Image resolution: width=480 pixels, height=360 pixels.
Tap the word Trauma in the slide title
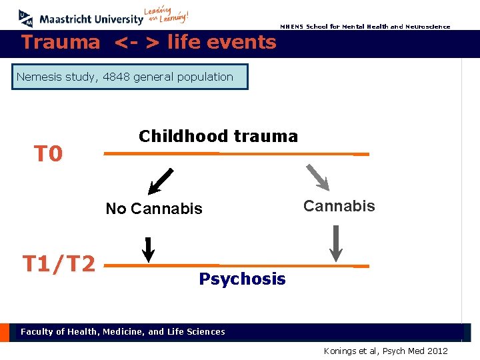tap(61, 43)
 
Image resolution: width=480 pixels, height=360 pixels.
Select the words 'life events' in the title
tap(221, 43)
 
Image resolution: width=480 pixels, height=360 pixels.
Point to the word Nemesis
tap(39, 77)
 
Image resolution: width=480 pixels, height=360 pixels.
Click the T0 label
tap(49, 155)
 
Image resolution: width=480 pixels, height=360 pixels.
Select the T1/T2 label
tap(59, 264)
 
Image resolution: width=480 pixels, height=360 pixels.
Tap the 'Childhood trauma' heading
tap(218, 136)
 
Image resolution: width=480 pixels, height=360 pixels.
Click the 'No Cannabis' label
tap(154, 209)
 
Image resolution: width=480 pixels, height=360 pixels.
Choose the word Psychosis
tap(242, 279)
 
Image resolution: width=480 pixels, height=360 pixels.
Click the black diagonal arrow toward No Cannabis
tap(161, 180)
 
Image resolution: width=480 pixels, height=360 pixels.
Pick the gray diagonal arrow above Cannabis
tap(317, 177)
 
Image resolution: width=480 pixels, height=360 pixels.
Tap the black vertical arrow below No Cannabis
tap(149, 249)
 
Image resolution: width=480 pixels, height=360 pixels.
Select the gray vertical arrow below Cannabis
tap(337, 243)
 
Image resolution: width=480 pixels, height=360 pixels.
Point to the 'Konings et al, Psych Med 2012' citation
tap(385, 351)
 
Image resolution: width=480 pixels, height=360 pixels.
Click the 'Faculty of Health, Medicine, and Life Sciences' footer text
tap(123, 331)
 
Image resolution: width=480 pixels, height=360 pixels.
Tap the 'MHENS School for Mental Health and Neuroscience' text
tap(365, 27)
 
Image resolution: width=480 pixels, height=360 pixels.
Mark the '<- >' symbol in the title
tap(137, 43)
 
